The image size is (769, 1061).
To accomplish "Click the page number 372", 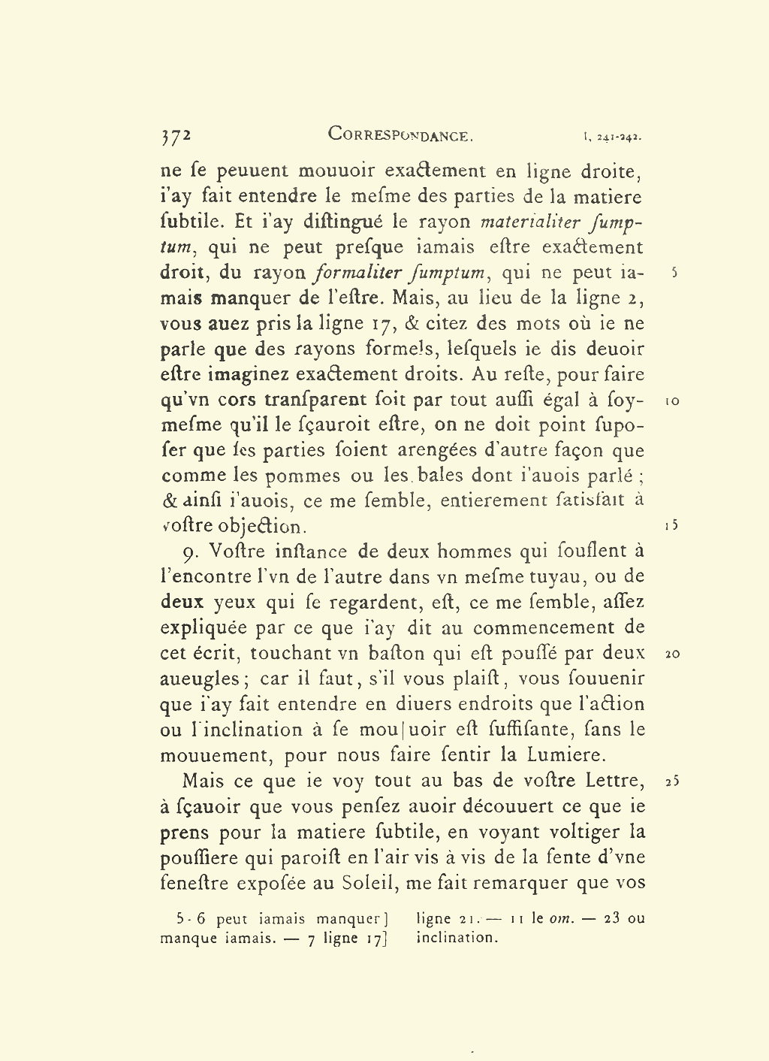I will click(x=176, y=136).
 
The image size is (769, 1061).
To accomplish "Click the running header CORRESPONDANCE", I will click(x=400, y=135).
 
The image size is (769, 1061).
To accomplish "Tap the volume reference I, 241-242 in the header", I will click(x=611, y=138).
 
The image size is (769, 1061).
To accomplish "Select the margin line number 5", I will click(x=675, y=273).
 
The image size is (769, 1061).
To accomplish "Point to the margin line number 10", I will click(x=673, y=401).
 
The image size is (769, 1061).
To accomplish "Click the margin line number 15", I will click(x=672, y=525).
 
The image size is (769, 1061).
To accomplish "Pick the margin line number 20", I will click(x=672, y=654).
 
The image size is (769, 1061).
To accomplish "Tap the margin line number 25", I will click(x=672, y=781).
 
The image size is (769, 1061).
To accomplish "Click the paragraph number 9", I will click(x=191, y=553).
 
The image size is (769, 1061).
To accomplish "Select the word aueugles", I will click(x=198, y=679).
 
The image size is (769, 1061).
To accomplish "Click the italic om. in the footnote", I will click(x=561, y=918).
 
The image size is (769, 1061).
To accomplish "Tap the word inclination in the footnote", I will click(x=457, y=938).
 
